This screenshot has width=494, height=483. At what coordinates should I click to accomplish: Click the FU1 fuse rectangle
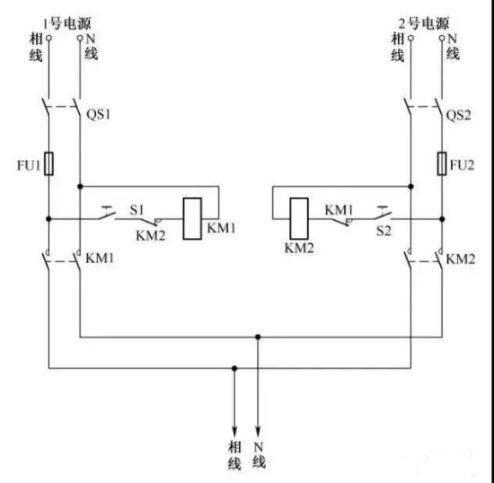[x=49, y=163]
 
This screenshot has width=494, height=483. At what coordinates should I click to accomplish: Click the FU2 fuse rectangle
[x=442, y=163]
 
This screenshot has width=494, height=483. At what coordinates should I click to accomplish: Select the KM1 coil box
[x=192, y=218]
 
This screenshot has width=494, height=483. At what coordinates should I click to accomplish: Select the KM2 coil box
[x=299, y=218]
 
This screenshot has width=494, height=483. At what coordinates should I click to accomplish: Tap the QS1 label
[x=99, y=114]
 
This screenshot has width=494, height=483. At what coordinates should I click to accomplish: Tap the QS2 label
[x=458, y=116]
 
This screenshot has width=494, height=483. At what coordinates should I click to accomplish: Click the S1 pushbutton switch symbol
[x=107, y=213]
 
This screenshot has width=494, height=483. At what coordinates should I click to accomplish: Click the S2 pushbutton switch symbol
[x=383, y=213]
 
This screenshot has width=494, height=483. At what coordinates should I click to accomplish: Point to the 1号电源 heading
[x=66, y=23]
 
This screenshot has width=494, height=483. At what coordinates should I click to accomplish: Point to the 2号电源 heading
[x=424, y=23]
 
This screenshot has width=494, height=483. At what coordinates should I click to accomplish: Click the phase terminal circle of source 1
[x=49, y=38]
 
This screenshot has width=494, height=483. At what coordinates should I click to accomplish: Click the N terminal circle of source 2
[x=442, y=38]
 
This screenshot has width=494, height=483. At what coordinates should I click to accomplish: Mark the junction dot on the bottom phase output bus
[x=234, y=368]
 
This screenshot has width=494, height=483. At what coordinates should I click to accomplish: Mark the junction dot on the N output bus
[x=258, y=337]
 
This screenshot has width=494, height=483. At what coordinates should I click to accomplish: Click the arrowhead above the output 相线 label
[x=234, y=430]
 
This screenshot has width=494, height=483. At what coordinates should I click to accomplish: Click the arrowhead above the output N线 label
[x=258, y=430]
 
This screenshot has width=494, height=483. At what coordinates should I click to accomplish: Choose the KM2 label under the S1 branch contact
[x=151, y=235]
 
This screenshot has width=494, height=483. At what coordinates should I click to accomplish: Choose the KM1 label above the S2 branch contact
[x=339, y=210]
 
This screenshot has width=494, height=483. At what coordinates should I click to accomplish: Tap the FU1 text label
[x=29, y=165]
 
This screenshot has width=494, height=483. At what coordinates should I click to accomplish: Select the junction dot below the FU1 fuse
[x=49, y=218]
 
